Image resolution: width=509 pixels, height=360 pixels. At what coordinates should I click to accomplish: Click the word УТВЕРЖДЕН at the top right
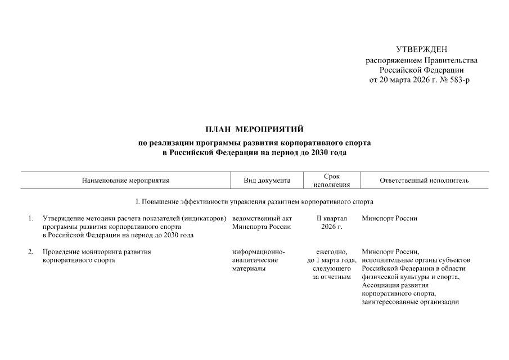click(x=422, y=50)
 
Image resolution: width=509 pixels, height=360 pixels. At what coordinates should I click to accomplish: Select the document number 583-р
click(x=458, y=80)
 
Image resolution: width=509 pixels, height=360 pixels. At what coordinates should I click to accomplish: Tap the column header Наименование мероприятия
click(x=125, y=181)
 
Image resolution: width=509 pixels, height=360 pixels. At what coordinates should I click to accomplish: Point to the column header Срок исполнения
click(x=332, y=181)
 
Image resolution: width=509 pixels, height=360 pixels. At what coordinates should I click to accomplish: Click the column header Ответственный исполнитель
click(x=424, y=181)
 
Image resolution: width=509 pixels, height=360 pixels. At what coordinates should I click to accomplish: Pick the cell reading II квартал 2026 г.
click(x=332, y=222)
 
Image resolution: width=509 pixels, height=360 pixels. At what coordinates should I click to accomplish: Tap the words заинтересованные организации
click(x=411, y=302)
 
